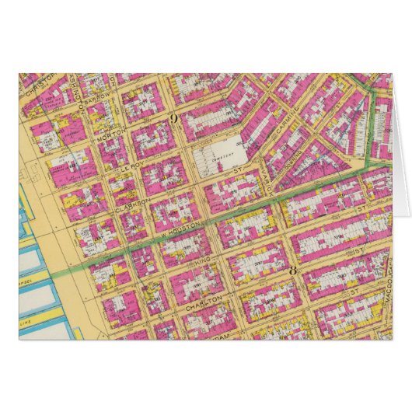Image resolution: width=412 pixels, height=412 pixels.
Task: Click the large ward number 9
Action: [x=174, y=118]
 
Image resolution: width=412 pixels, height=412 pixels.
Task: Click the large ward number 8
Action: [x=293, y=271]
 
